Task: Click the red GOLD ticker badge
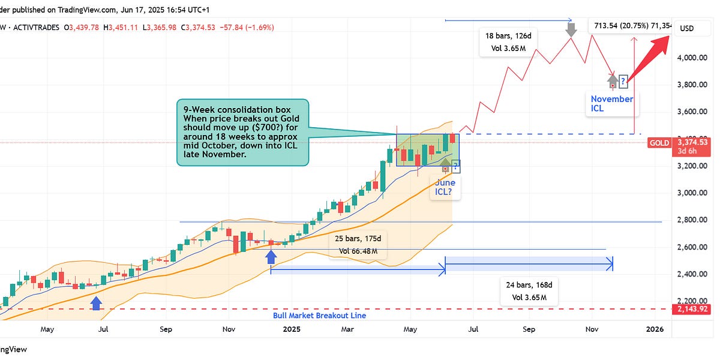(x=658, y=143)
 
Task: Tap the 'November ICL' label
(x=611, y=104)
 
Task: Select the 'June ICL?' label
(x=445, y=187)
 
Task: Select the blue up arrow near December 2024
(x=271, y=256)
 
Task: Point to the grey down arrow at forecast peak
(x=572, y=28)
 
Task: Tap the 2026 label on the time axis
(x=655, y=329)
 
